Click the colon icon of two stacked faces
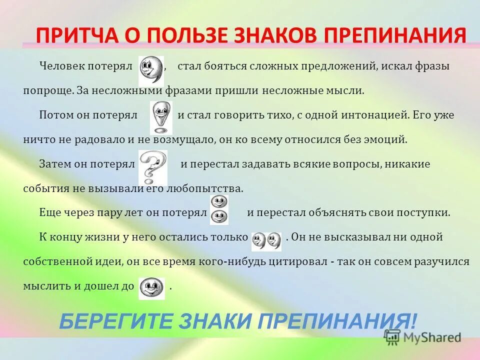(218, 209)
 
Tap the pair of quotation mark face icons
(266, 241)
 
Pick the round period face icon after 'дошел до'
(151, 287)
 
